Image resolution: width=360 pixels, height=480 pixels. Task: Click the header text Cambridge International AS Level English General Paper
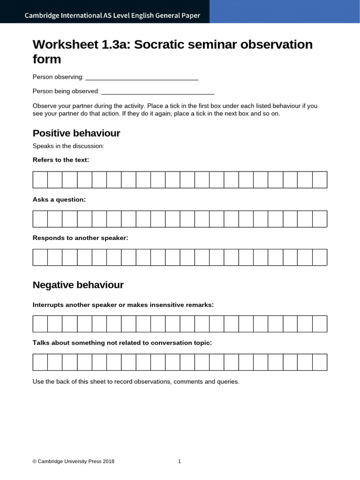(x=112, y=15)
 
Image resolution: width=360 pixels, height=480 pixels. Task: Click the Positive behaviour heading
(x=76, y=133)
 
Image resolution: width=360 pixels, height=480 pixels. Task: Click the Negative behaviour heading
(x=78, y=285)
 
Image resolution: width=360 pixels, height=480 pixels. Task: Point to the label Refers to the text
(x=60, y=160)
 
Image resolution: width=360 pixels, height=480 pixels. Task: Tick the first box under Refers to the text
(x=40, y=180)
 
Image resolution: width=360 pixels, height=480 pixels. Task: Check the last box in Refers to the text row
(x=320, y=180)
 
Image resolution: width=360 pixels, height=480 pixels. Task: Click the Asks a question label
(x=59, y=200)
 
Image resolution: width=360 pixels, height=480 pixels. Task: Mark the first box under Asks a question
(x=40, y=219)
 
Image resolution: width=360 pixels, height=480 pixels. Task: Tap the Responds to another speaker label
(x=80, y=238)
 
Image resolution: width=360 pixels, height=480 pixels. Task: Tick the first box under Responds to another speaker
(x=40, y=257)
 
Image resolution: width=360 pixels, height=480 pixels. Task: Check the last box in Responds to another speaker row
(x=320, y=257)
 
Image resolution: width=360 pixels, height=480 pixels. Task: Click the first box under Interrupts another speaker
(x=40, y=324)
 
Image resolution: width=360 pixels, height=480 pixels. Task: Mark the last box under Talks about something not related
(x=320, y=362)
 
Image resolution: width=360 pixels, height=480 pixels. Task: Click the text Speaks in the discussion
(x=68, y=146)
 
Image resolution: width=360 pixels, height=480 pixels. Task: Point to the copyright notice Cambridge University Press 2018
(x=73, y=461)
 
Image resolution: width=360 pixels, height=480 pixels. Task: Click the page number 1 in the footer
(x=180, y=461)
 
